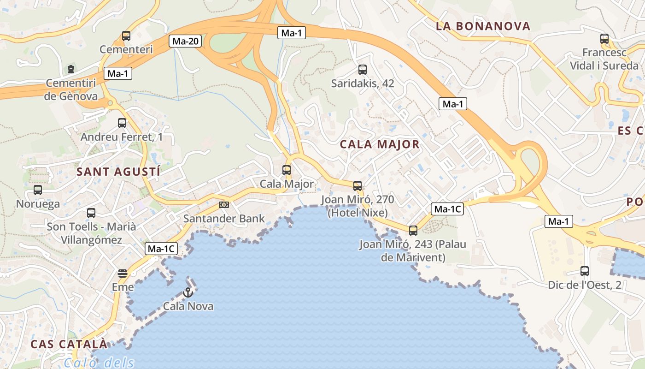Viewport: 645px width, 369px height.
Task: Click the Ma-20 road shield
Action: click(x=186, y=41)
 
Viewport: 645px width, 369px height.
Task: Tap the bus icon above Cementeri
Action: click(x=126, y=36)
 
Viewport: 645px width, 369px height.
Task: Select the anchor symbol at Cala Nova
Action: click(x=188, y=292)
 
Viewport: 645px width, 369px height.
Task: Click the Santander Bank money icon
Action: click(x=224, y=204)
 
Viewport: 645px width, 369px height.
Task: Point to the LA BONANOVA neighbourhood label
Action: click(x=483, y=26)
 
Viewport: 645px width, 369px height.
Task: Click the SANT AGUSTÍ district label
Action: click(x=118, y=172)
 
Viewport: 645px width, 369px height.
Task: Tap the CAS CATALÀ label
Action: click(x=69, y=344)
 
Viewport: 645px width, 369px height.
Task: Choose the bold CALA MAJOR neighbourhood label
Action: click(x=380, y=144)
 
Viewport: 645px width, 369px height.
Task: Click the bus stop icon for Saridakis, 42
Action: click(x=363, y=70)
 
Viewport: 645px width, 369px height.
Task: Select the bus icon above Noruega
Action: click(x=38, y=190)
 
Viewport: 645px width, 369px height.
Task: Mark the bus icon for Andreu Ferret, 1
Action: click(x=122, y=123)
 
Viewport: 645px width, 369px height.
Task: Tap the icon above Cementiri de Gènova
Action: click(x=71, y=69)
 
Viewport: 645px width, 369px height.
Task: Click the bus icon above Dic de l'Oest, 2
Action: click(x=585, y=271)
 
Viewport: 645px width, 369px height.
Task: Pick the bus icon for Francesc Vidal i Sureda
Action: click(x=604, y=39)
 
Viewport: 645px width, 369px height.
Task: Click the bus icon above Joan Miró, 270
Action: click(x=358, y=186)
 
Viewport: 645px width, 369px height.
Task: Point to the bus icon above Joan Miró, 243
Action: click(x=413, y=230)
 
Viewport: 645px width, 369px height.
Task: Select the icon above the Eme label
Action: click(x=122, y=274)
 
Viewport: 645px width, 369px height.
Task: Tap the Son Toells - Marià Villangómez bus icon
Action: click(x=91, y=213)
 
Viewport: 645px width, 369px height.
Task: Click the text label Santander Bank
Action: click(x=224, y=219)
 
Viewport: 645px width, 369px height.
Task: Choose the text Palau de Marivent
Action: click(x=413, y=251)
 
